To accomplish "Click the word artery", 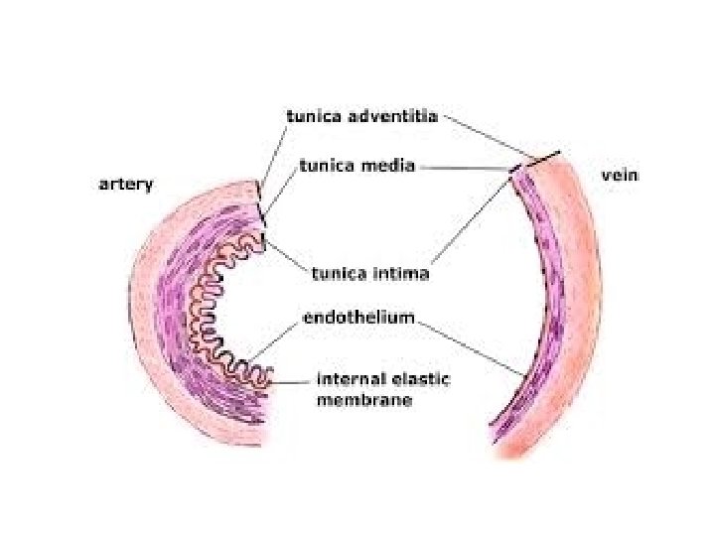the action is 125,185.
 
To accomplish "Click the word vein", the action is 621,175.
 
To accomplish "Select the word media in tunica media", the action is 390,166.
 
